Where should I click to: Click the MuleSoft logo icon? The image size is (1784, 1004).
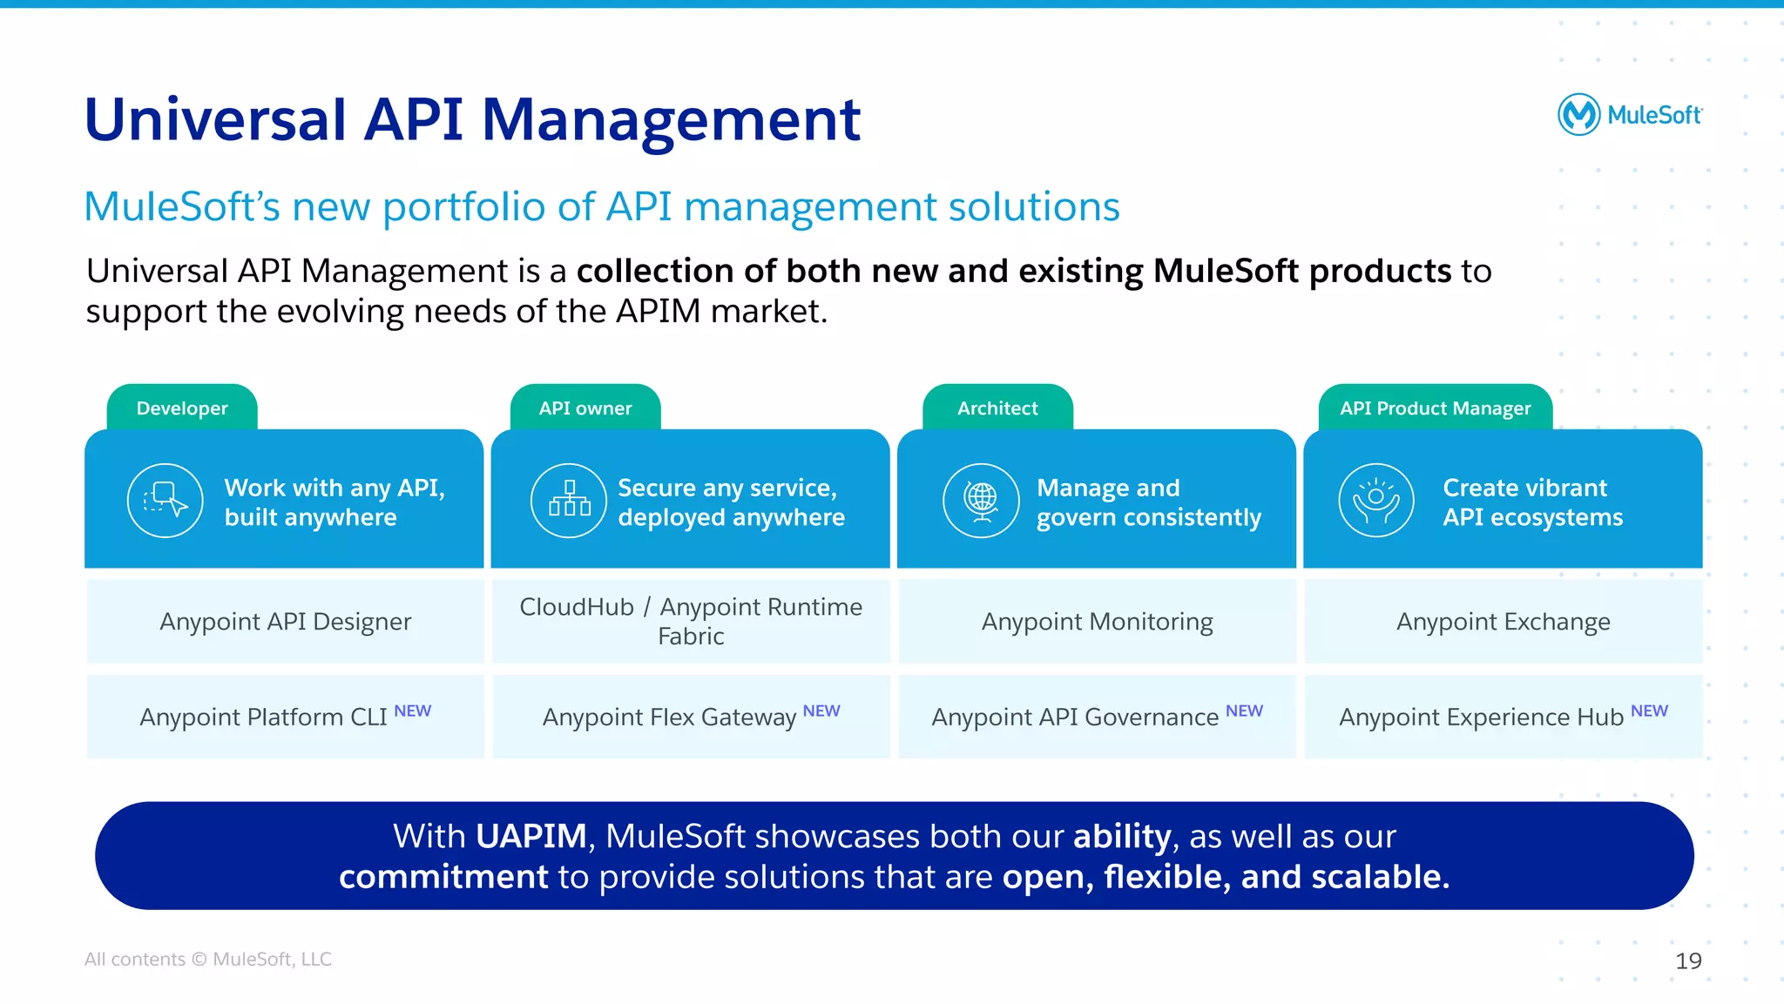point(1578,114)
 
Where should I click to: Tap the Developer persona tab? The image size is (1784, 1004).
point(182,408)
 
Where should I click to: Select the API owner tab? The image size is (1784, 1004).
point(585,408)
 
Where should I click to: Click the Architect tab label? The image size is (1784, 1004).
point(997,408)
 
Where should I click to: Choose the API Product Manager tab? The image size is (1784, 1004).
point(1435,408)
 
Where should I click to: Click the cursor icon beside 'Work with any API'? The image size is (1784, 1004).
point(166,501)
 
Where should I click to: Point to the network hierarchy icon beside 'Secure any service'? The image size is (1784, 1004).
point(569,501)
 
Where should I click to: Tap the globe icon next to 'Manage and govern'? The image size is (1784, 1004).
point(981,501)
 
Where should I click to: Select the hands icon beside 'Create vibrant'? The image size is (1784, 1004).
point(1376,501)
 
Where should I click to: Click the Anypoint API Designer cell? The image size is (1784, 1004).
point(285,622)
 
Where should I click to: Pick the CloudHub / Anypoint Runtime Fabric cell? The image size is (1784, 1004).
point(691,622)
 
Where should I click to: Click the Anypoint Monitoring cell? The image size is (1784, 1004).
point(1097,622)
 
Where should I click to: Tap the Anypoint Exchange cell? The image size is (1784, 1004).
point(1503,622)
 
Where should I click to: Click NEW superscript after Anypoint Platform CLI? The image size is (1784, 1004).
point(413,711)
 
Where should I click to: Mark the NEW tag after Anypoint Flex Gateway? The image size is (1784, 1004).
point(821,711)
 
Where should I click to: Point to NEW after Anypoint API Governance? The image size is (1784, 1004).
point(1244,711)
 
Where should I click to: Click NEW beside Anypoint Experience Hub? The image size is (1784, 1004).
point(1649,711)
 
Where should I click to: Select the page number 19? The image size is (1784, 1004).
point(1688,960)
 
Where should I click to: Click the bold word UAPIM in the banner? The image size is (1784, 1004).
point(530,836)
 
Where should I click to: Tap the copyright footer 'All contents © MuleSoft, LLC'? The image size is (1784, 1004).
point(207,959)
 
